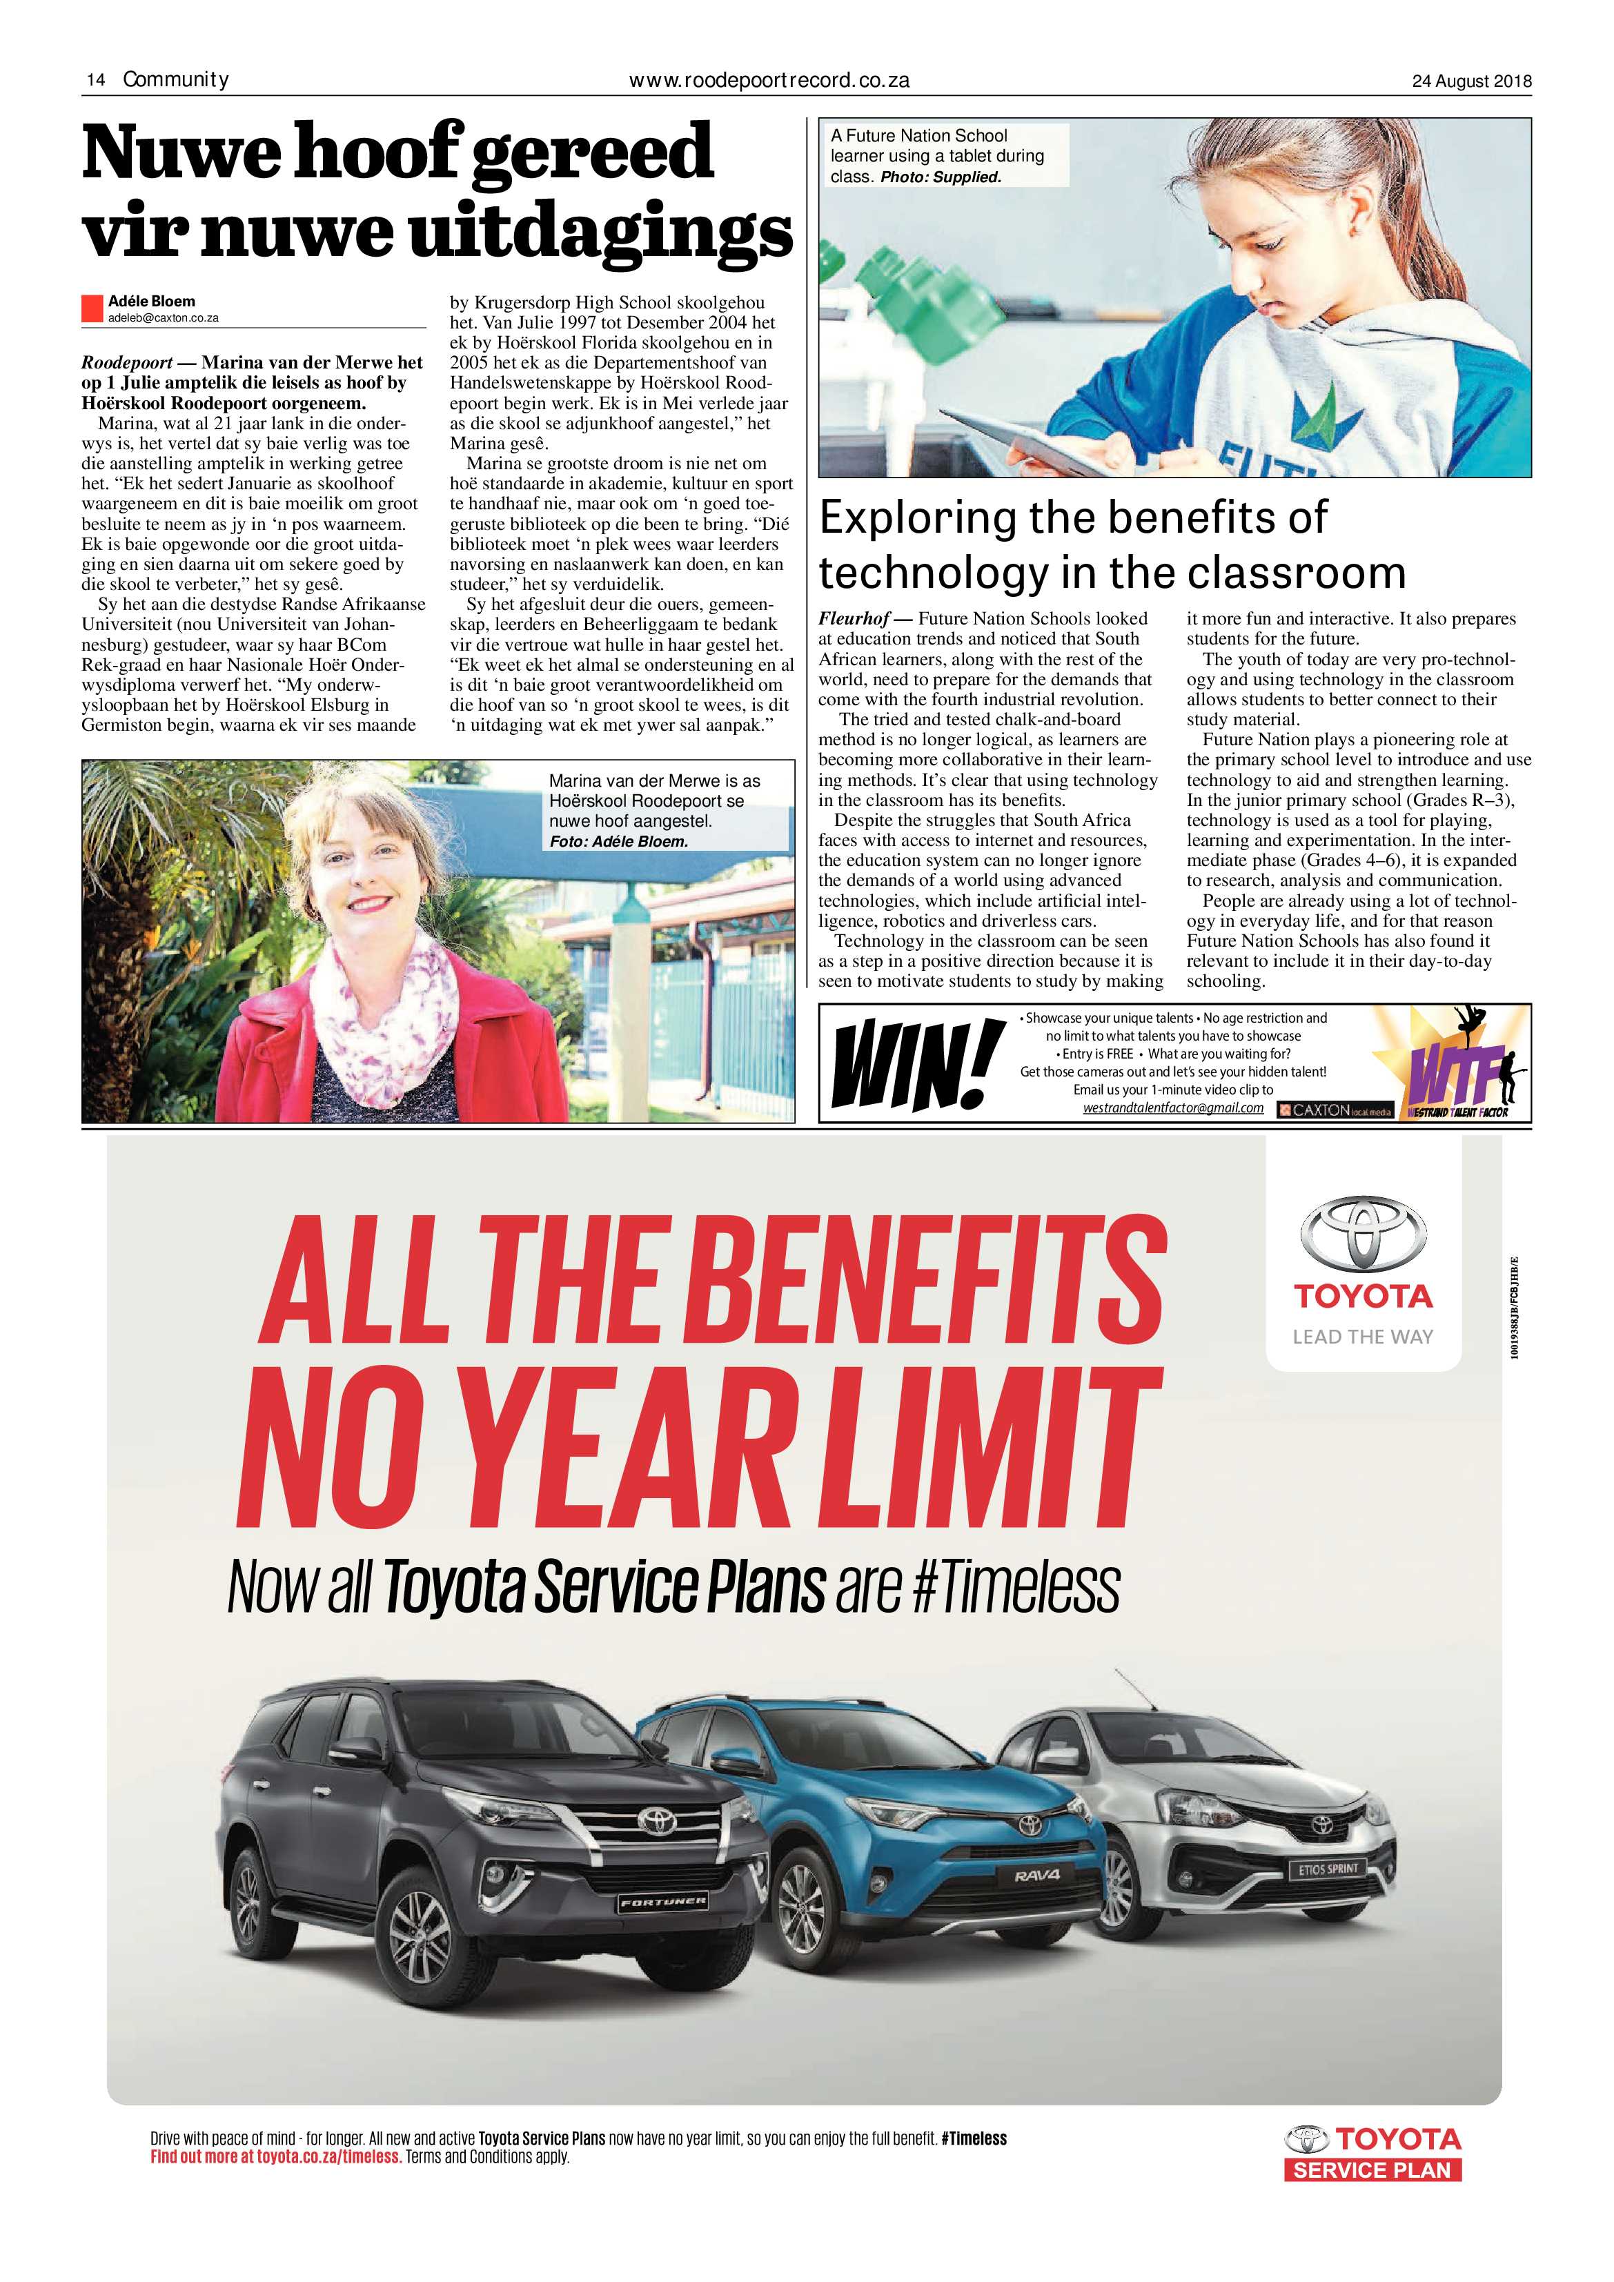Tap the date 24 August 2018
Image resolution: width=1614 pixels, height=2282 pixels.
click(1471, 81)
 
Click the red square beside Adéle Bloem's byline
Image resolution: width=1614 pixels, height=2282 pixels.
click(92, 308)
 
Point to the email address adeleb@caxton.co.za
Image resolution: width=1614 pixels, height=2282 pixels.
click(163, 318)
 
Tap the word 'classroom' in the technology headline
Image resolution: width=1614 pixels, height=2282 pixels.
click(1297, 573)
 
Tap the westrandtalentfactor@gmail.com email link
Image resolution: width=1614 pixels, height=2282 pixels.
click(1173, 1108)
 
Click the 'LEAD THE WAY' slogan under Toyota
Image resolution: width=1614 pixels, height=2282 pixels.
click(1363, 1337)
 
